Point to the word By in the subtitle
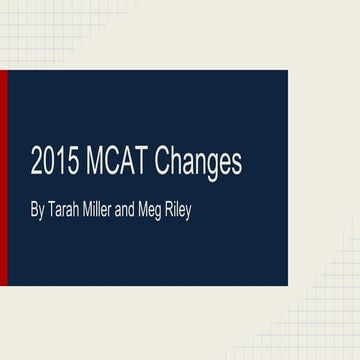(37, 212)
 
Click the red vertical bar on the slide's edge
(3, 177)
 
